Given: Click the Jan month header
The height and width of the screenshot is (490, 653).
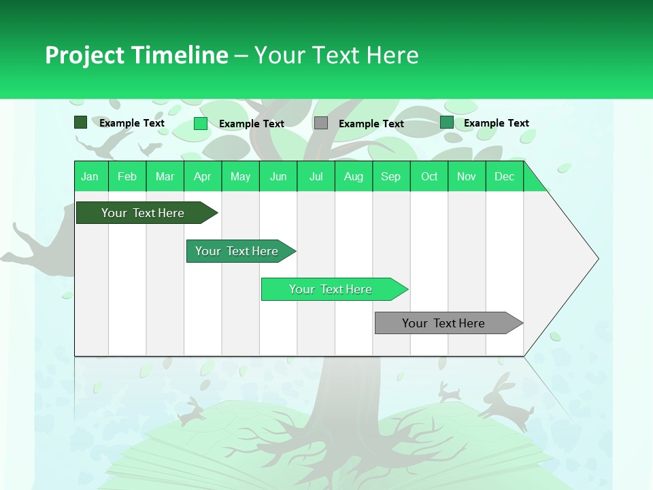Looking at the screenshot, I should [90, 176].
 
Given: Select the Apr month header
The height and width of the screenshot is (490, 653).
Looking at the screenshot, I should [203, 176].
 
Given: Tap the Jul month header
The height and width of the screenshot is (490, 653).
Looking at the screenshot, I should [316, 176].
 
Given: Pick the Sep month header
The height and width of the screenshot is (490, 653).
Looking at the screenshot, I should [390, 176].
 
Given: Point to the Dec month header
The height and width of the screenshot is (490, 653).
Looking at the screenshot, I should [504, 176].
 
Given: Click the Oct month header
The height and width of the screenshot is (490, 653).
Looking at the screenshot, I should [429, 176].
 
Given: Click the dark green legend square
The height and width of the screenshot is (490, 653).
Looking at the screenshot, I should [80, 122].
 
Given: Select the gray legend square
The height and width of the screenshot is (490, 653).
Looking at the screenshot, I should [321, 122].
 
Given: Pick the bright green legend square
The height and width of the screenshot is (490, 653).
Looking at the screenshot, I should [201, 123].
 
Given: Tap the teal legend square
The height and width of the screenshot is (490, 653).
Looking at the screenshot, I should [447, 122].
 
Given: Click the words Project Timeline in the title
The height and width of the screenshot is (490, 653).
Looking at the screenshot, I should [136, 55].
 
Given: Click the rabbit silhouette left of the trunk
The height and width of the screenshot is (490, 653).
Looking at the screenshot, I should [191, 411].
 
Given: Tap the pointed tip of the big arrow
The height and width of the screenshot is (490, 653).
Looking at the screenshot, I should [597, 259].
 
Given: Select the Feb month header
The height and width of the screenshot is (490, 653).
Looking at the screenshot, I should [127, 176].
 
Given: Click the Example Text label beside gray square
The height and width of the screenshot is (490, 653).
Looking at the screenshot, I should [371, 124].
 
